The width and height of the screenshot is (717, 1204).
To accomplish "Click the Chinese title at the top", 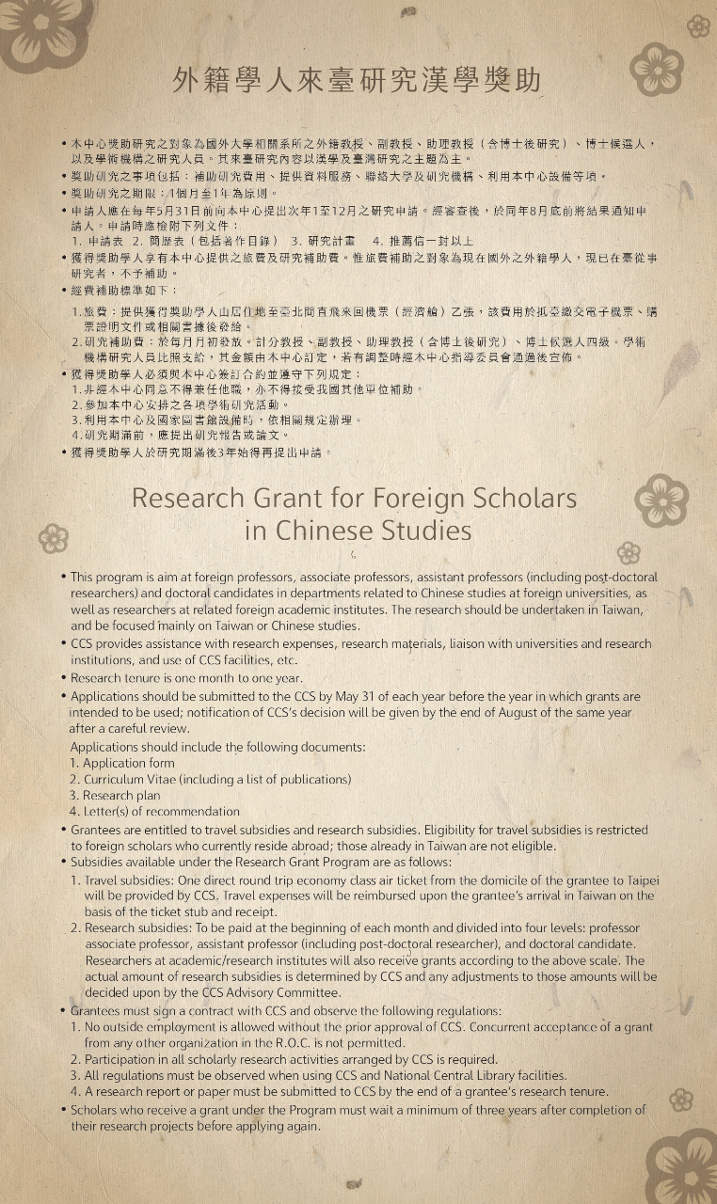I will (x=358, y=81).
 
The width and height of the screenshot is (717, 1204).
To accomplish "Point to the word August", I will (x=529, y=713).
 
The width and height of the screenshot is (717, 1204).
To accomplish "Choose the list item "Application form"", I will (x=128, y=763).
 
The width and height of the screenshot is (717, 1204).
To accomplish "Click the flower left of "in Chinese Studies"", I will (x=54, y=538).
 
